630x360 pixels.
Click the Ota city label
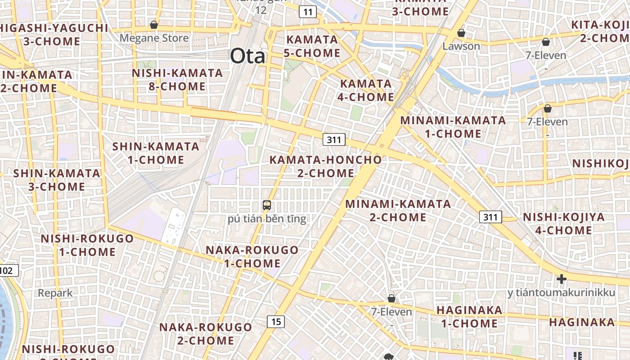coord(247,57)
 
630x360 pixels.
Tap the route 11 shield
coord(307,12)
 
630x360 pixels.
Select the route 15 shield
coord(276,321)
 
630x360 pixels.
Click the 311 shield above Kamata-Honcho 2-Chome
coord(334,139)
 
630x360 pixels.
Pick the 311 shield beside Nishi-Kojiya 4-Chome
coord(490,217)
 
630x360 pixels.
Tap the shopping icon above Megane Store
coord(154,25)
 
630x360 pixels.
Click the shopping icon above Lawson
coord(461,33)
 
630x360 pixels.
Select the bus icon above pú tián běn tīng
coord(267,205)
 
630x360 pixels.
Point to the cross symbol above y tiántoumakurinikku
coord(561,279)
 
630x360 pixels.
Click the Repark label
coord(55,293)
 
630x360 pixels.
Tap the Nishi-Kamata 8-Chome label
coord(177,79)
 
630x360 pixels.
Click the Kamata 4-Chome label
coord(367,90)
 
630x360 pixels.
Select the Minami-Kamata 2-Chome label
coord(398,211)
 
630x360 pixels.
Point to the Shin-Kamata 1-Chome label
coord(155,153)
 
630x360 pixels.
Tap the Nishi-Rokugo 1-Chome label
coord(87,245)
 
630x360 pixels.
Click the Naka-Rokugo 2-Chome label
coord(205,333)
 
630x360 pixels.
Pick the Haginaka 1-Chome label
coord(469,316)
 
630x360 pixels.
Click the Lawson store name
coord(461,46)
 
